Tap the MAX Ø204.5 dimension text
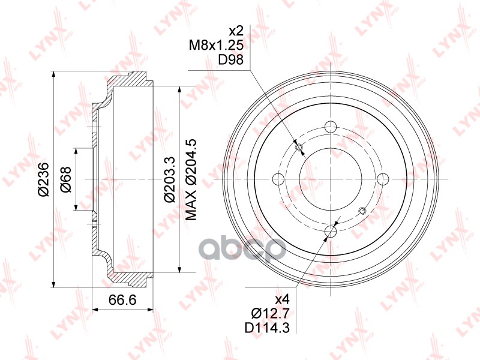click(x=192, y=179)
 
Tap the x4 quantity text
click(x=282, y=299)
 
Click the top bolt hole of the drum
click(x=329, y=127)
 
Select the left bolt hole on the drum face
click(x=278, y=179)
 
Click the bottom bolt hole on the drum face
click(x=329, y=231)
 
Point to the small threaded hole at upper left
click(x=299, y=148)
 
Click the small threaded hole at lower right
click(x=361, y=210)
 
